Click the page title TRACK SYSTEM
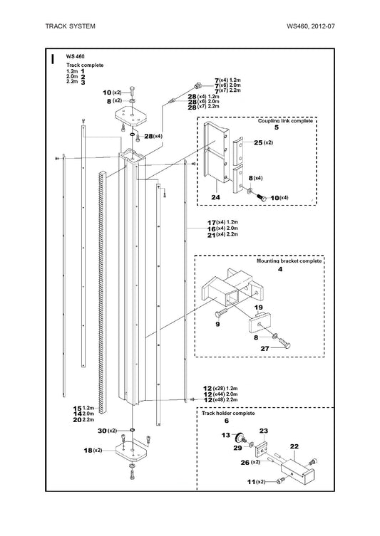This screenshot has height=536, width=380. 70,26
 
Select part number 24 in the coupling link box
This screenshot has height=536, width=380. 216,197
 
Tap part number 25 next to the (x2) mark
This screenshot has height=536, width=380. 258,142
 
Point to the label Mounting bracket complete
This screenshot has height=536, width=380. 289,261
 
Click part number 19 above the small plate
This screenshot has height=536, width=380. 259,308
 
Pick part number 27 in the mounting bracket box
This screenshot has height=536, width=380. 265,349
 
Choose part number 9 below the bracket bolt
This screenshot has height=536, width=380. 217,324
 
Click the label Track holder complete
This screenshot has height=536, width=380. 228,414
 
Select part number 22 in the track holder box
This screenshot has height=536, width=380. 294,446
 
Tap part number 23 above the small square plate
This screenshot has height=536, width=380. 264,431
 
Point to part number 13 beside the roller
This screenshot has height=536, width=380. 226,435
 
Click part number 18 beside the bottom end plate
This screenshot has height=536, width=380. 88,451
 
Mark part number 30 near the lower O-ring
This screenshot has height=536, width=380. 103,431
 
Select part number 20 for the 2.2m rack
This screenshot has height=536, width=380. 77,420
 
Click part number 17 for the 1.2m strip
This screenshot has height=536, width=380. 212,223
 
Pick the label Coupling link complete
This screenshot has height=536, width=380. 285,121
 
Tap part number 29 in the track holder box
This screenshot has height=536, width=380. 237,448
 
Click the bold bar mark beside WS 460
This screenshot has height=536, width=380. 52,59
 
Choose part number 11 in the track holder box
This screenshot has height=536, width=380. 251,482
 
